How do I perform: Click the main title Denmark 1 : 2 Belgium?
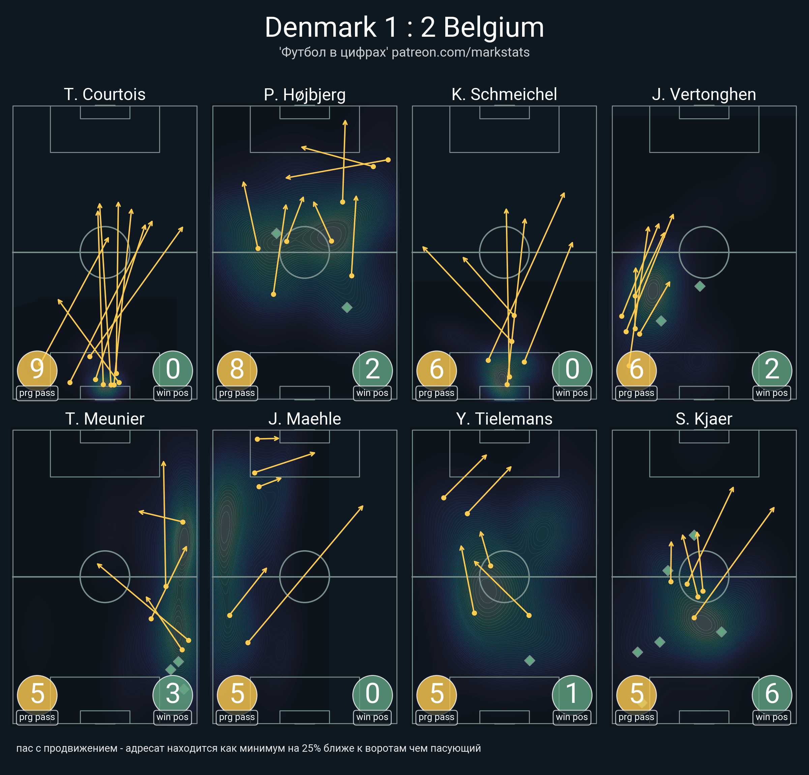(404, 27)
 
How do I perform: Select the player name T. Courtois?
(105, 94)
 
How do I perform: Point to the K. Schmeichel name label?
(504, 94)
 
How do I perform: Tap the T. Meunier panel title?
(105, 419)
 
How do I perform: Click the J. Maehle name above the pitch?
(305, 419)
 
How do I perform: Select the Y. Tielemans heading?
(504, 419)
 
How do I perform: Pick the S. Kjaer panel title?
(704, 419)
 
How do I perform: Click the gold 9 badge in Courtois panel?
(37, 370)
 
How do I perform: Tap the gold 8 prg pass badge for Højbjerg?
(237, 370)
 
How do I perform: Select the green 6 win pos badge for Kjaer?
(772, 695)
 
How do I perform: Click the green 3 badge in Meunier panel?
(173, 695)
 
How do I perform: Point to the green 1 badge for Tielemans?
(572, 695)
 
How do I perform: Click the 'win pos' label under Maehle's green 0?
(372, 717)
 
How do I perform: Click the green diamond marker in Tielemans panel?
(530, 661)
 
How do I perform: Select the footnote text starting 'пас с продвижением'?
(248, 748)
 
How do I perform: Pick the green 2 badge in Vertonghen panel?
(772, 370)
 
